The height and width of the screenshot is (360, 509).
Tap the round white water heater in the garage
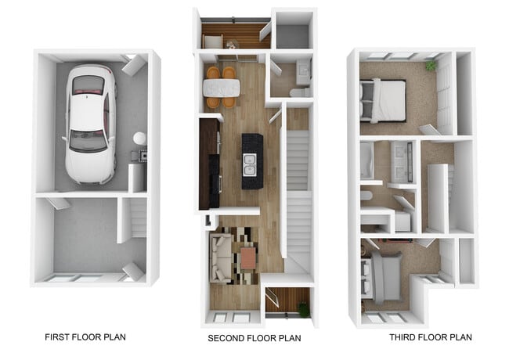pyautogui.click(x=139, y=139)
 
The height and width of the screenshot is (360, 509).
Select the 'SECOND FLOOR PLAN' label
pyautogui.click(x=254, y=339)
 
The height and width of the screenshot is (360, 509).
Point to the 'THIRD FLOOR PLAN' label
pyautogui.click(x=430, y=337)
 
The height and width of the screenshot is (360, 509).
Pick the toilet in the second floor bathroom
pyautogui.click(x=298, y=92)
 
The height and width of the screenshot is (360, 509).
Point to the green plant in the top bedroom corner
pyautogui.click(x=430, y=67)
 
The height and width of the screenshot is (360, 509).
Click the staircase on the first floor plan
pyautogui.click(x=136, y=217)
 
